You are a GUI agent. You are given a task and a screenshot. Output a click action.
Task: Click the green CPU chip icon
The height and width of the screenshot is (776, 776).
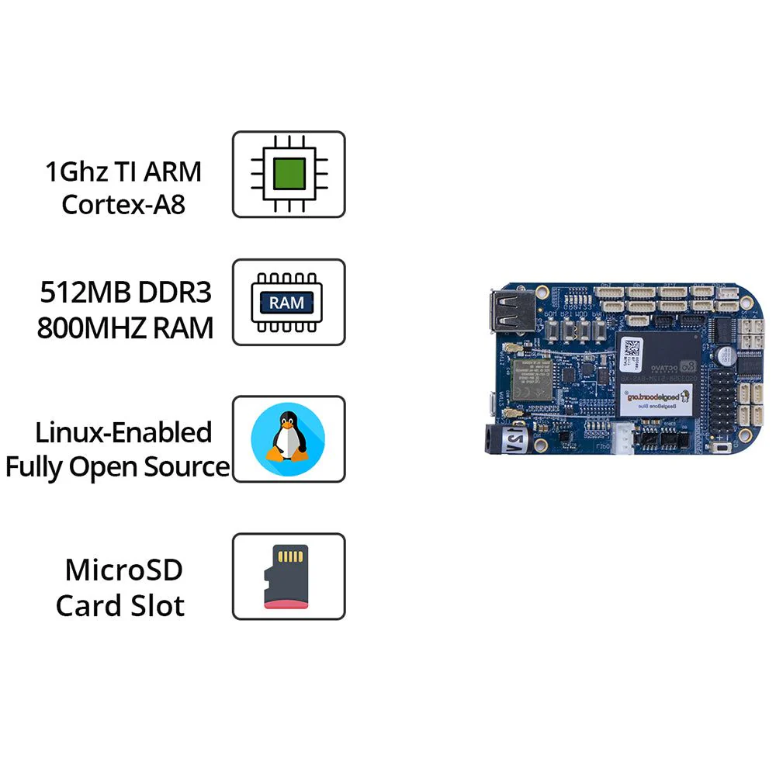[x=289, y=174]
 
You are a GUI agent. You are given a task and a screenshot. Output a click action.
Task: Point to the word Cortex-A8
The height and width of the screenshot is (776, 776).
[x=123, y=205]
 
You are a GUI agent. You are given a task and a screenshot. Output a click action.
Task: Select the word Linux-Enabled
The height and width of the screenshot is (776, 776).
[x=123, y=432]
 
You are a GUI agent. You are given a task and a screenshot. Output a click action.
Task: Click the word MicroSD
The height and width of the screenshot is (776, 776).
[x=123, y=570]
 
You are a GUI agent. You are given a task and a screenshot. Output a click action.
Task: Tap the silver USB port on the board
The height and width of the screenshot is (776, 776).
[x=509, y=311]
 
